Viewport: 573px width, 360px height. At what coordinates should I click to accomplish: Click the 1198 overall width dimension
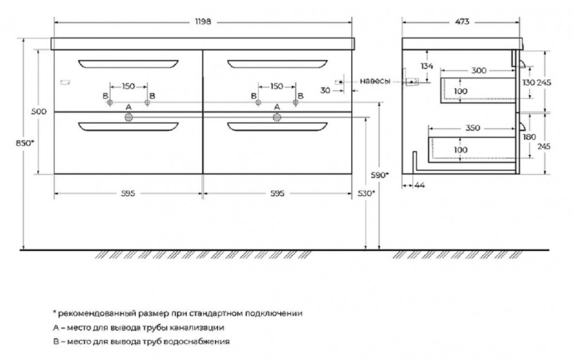[x=203, y=22]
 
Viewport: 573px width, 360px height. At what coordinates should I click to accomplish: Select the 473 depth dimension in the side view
[x=462, y=22]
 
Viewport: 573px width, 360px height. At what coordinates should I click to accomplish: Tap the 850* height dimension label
[x=25, y=143]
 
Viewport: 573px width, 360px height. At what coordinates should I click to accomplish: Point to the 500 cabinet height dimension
[x=39, y=111]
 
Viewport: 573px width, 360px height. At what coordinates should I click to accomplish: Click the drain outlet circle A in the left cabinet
[x=128, y=117]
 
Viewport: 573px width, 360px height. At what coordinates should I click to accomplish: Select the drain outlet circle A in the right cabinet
[x=277, y=117]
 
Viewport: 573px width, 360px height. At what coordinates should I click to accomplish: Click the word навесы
[x=375, y=81]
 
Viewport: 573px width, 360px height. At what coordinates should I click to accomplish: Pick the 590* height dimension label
[x=380, y=175]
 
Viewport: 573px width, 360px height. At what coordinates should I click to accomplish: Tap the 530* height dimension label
[x=366, y=193]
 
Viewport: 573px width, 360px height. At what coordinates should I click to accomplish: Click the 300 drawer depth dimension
[x=478, y=70]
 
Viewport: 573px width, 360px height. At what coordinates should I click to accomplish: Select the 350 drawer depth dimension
[x=473, y=128]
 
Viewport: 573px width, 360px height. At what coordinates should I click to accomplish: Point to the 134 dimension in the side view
[x=426, y=66]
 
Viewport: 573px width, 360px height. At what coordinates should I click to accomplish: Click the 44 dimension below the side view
[x=420, y=185]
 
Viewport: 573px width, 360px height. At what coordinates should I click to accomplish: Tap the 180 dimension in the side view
[x=529, y=137]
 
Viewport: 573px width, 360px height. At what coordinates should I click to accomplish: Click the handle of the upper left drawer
[x=128, y=64]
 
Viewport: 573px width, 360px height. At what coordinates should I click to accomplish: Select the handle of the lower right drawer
[x=277, y=127]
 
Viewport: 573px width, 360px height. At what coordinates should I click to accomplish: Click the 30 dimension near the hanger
[x=325, y=90]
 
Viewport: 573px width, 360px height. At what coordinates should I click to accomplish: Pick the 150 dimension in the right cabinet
[x=277, y=86]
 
